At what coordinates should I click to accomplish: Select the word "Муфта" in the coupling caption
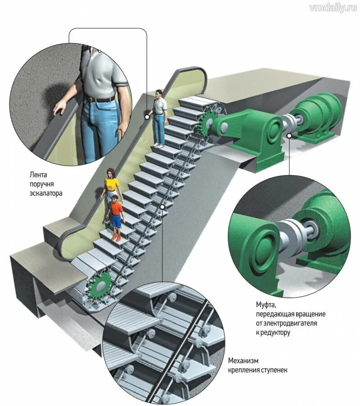click(266, 304)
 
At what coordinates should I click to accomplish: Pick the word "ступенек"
click(273, 370)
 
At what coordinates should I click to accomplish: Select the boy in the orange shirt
click(116, 216)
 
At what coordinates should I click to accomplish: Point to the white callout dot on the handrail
click(147, 116)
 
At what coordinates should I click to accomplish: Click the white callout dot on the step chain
click(162, 207)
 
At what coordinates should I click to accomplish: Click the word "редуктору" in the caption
click(275, 332)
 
